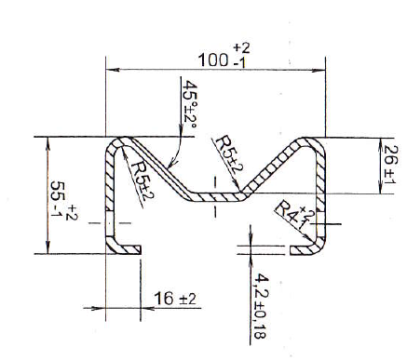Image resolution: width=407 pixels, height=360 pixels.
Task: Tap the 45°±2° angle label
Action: point(190,105)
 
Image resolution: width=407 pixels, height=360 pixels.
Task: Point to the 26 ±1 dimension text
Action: point(389,165)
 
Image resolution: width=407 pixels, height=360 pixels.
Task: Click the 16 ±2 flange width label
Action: point(175,299)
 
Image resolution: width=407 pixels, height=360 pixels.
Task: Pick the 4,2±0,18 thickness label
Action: point(260,306)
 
